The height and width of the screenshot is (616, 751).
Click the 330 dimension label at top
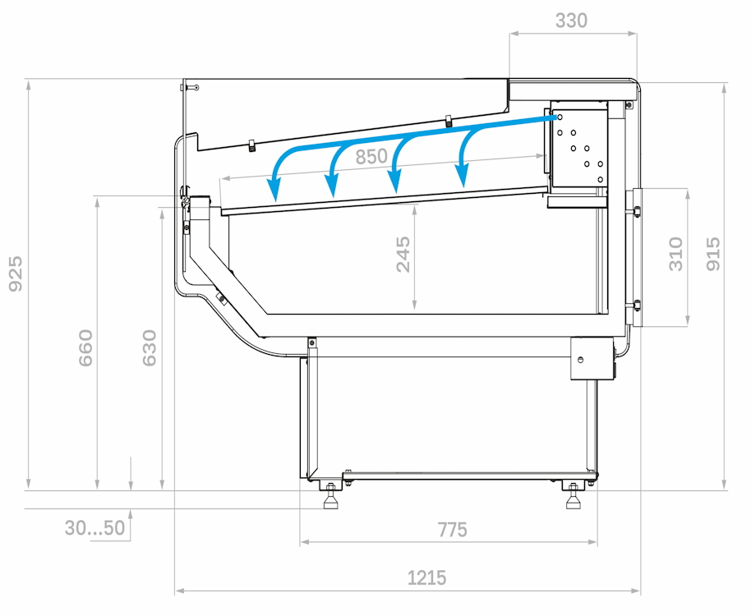(571, 21)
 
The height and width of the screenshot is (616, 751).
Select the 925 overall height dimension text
(16, 274)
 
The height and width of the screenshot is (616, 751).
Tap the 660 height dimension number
(85, 348)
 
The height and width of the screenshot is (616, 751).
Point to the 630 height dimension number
(150, 348)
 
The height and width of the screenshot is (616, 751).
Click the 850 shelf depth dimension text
(371, 157)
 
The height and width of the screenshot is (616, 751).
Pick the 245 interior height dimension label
(403, 254)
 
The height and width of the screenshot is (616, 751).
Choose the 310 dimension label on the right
(675, 254)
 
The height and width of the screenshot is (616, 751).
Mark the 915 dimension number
(712, 254)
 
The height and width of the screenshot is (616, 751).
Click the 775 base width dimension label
(452, 530)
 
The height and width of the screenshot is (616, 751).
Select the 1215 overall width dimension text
(426, 577)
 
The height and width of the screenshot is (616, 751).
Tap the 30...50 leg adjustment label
(94, 528)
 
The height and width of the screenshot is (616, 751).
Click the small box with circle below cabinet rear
(592, 359)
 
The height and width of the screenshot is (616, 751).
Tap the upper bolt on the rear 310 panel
(637, 211)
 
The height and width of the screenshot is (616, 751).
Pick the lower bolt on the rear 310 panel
(637, 306)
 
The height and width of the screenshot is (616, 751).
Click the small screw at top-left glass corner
(196, 87)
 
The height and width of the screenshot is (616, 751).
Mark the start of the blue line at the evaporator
(555, 117)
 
